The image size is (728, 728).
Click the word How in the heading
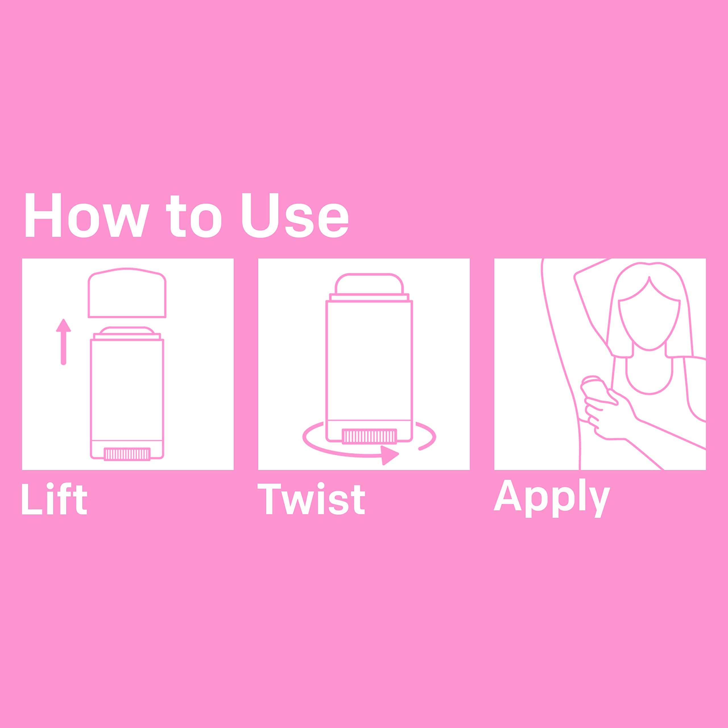click(87, 215)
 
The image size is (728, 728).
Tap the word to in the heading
click(194, 216)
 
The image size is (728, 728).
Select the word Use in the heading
click(295, 216)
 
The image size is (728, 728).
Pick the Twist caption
click(311, 499)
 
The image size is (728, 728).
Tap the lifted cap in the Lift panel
click(127, 293)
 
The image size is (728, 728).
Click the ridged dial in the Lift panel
click(127, 454)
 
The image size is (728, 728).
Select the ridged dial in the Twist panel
click(369, 436)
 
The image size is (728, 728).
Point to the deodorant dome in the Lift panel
click(127, 330)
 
